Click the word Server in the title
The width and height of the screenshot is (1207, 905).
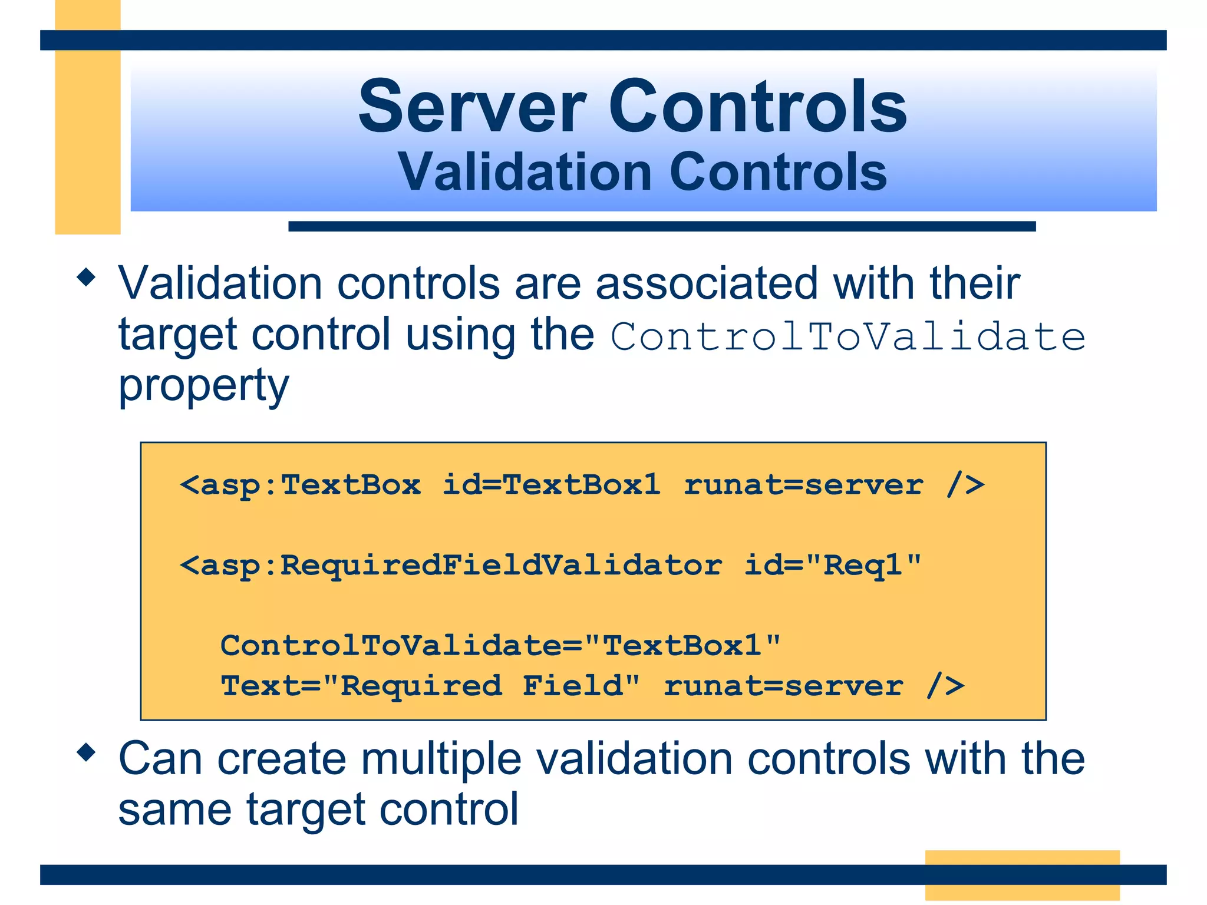[471, 108]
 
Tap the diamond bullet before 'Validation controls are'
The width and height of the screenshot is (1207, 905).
[87, 278]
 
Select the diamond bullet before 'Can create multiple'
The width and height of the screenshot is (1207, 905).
[87, 752]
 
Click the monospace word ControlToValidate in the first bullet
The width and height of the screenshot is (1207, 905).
[847, 337]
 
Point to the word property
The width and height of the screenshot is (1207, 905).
[203, 387]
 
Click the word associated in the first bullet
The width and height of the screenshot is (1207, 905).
[706, 284]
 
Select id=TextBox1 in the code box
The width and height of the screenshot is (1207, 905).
[551, 485]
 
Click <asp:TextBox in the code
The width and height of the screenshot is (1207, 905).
[301, 485]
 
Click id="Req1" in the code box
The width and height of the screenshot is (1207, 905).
[832, 565]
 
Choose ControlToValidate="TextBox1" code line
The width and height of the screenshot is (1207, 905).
[500, 645]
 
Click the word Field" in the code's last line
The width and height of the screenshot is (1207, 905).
[581, 685]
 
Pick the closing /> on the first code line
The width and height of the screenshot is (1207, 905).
[965, 485]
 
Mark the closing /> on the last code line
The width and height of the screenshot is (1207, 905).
[945, 685]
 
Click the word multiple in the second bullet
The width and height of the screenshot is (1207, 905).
[441, 759]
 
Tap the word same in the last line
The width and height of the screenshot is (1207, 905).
[174, 810]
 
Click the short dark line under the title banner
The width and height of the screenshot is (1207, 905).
[661, 226]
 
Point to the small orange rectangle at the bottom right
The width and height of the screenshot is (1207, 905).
[1022, 874]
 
